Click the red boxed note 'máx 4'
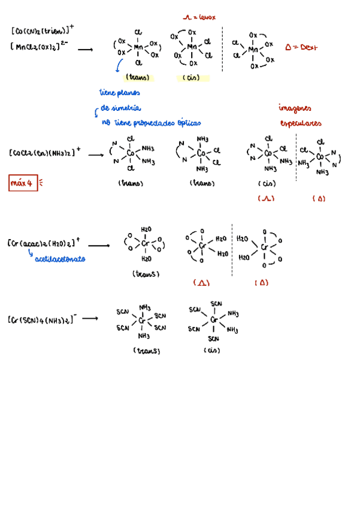coord(23,183)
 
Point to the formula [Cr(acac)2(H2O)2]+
coord(44,244)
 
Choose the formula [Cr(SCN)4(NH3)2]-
coord(41,320)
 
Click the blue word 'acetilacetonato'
coord(60,259)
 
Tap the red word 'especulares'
coord(300,123)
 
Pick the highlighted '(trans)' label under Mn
coord(138,78)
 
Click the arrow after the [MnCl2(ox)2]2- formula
coord(85,50)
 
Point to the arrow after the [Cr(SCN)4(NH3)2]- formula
coord(90,319)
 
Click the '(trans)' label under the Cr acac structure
coord(146,274)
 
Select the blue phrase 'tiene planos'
coord(119,93)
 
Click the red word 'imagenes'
coord(295,108)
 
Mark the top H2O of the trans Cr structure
coord(146,229)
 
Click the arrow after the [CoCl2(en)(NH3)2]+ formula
coord(96,155)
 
